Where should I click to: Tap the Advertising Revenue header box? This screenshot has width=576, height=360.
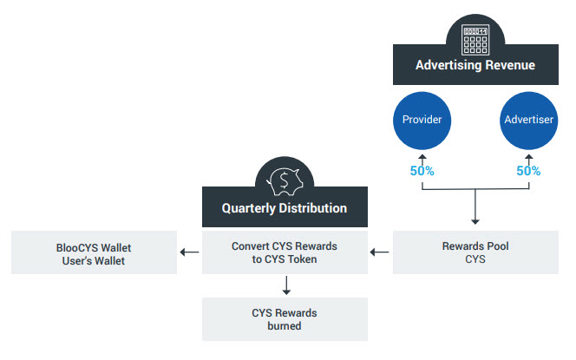[475, 65]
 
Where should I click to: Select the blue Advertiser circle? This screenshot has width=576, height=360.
[528, 119]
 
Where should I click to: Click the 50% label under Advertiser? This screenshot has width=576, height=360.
[528, 171]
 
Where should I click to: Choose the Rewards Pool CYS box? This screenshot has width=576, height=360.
[475, 252]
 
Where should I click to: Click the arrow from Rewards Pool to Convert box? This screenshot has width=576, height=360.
[378, 252]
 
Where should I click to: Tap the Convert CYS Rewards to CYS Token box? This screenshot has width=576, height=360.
[285, 252]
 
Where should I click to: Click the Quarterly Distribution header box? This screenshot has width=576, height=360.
[285, 208]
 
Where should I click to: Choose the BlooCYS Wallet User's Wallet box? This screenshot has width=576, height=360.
[94, 252]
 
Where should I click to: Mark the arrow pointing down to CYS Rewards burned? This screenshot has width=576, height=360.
[285, 285]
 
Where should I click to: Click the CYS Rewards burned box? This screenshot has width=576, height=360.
[285, 318]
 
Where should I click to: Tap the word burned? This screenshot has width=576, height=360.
[285, 326]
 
